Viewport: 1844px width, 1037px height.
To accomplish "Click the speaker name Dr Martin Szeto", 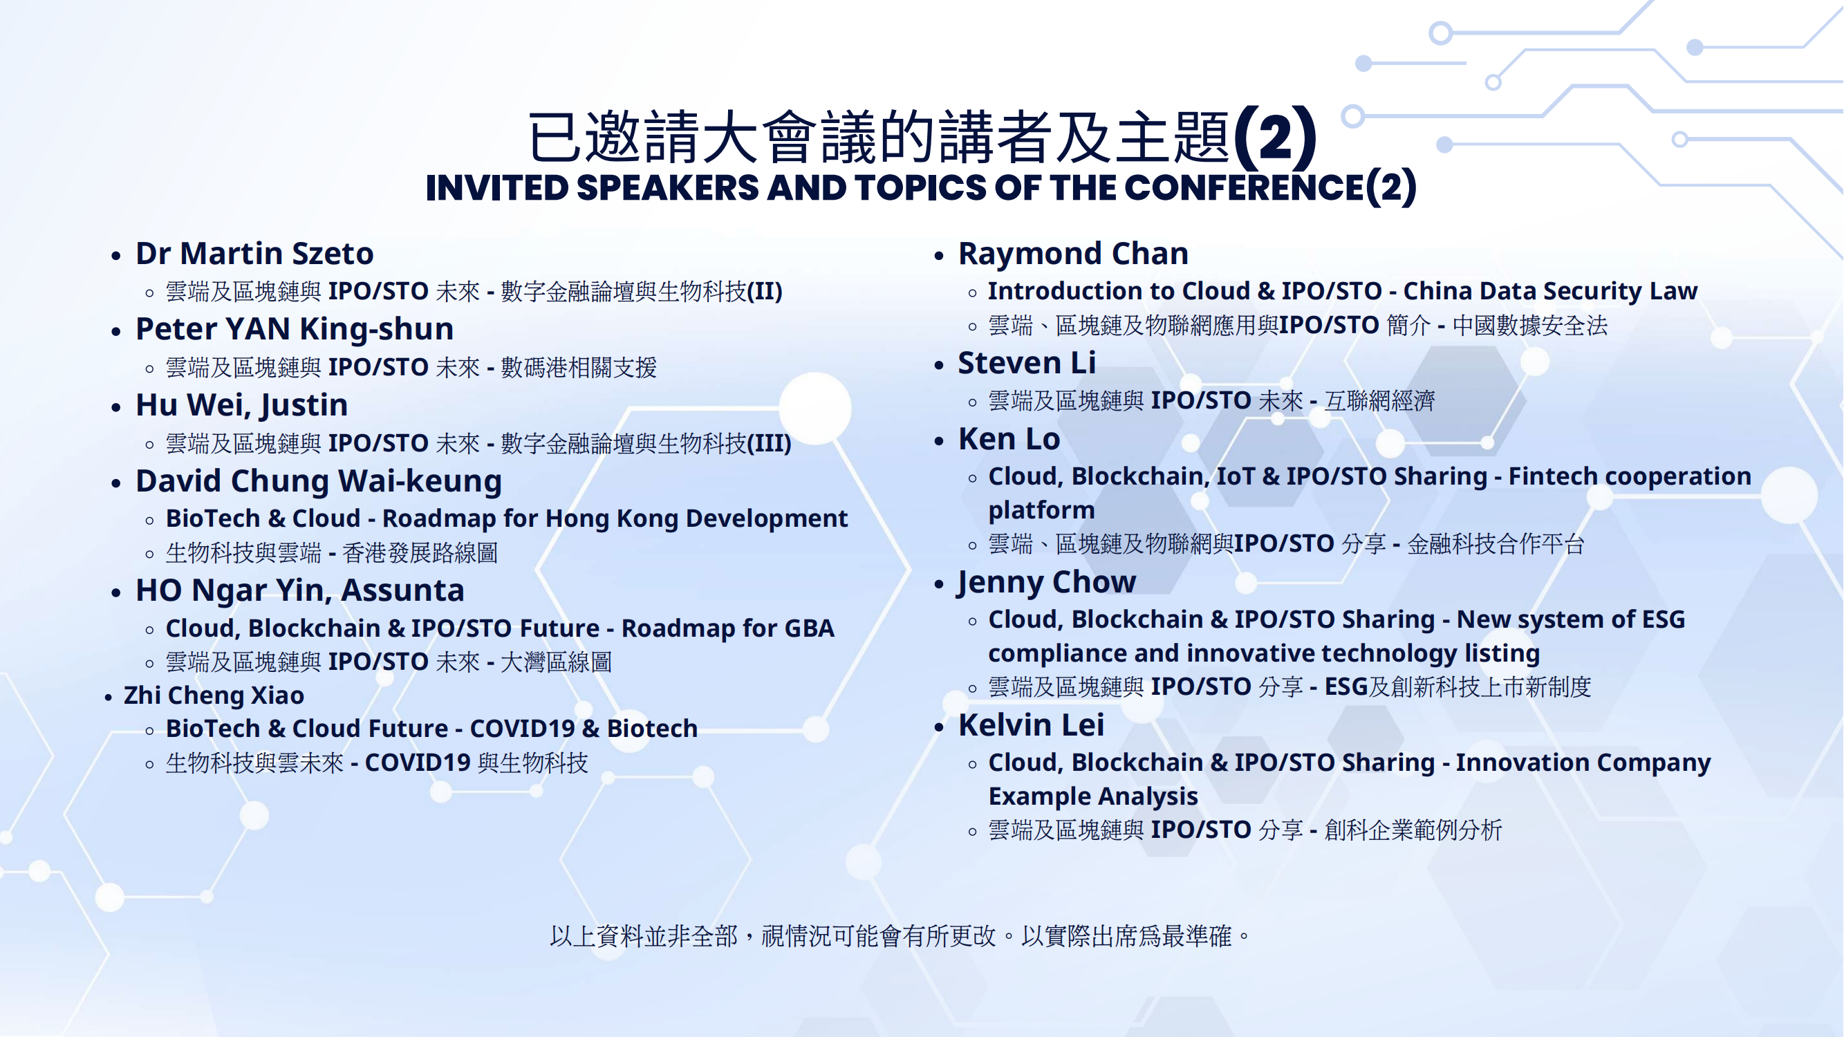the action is coord(254,253).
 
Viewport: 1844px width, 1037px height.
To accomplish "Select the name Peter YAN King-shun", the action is coord(295,330).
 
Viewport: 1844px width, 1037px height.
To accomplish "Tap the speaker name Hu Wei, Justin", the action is coord(242,406).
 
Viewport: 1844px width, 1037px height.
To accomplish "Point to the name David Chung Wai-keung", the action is coord(319,482).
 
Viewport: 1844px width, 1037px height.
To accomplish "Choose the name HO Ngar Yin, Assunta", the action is coord(300,591).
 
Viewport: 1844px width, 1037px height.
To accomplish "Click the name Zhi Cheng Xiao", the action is coord(214,695).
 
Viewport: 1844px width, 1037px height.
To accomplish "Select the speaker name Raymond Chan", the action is coord(1073,253).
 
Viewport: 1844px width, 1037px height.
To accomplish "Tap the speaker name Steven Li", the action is coord(1027,363).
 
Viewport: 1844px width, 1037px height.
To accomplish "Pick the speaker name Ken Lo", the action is coord(1009,439).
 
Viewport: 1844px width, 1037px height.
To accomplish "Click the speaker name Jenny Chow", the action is coord(1047,583).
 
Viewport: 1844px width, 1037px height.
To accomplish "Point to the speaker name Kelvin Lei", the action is coord(1031,725).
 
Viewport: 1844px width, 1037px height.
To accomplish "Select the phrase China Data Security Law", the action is coord(1549,290).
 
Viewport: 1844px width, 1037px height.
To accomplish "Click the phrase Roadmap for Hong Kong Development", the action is coord(615,518).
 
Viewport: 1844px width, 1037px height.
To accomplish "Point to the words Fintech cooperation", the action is coord(1629,476).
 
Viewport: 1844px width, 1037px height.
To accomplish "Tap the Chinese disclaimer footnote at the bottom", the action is coord(900,935).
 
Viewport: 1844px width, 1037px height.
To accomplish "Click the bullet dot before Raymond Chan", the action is coord(939,256).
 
